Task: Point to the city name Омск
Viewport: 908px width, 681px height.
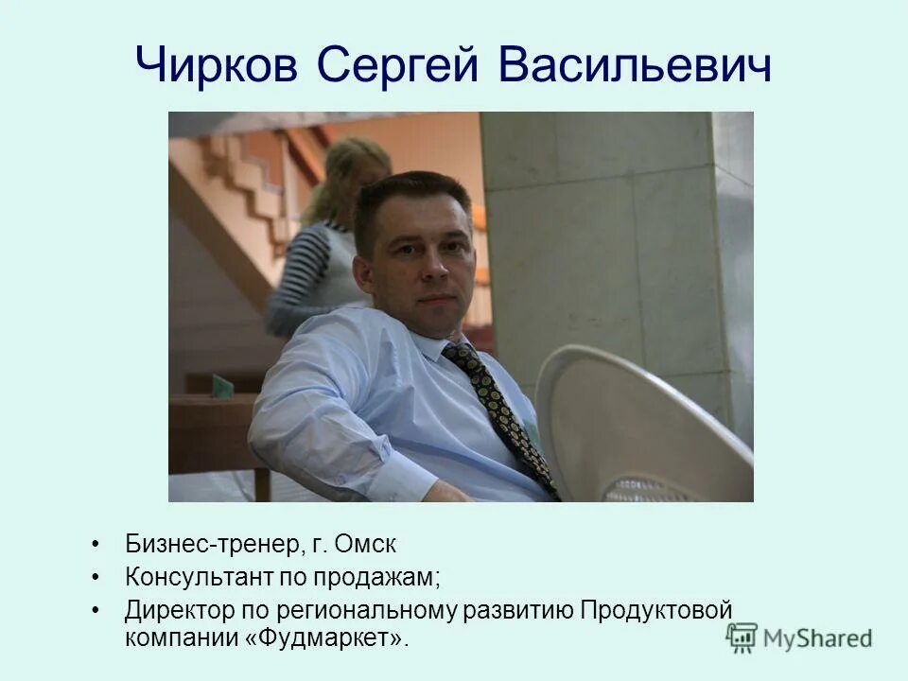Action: (366, 546)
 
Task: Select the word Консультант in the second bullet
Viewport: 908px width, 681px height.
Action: (200, 577)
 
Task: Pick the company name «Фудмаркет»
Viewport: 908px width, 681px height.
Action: (327, 638)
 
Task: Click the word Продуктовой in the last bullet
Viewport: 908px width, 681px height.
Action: (656, 609)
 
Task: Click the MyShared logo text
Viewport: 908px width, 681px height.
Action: (817, 638)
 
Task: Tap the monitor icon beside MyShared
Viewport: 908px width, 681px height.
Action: (742, 637)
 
